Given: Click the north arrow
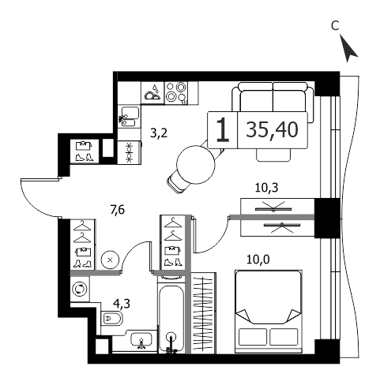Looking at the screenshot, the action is (x=348, y=50).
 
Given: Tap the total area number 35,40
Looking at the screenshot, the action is (x=272, y=129).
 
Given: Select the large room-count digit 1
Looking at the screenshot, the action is (x=223, y=130).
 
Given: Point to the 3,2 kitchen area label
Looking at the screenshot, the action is (x=159, y=133).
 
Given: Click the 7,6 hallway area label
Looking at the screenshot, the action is (x=118, y=210).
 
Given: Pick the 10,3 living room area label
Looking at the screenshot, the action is (x=267, y=188).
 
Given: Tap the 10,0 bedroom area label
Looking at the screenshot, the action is (x=258, y=260).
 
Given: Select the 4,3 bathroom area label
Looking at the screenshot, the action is (x=122, y=304).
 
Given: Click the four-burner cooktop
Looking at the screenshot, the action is (x=176, y=93).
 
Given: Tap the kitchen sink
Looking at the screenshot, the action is (x=129, y=116).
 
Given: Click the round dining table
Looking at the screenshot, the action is (x=196, y=165).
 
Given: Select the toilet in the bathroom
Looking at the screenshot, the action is (x=111, y=318).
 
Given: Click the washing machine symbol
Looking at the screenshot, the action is (x=80, y=289).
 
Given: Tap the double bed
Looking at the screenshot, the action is (x=269, y=312).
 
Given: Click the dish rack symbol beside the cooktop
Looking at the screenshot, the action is (x=152, y=93).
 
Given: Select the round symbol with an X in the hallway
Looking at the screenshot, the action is (x=110, y=260).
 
